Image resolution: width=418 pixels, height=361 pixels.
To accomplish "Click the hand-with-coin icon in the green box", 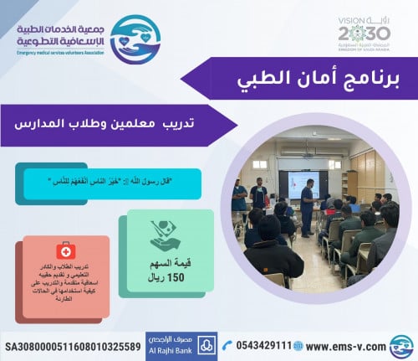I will [x=165, y=235].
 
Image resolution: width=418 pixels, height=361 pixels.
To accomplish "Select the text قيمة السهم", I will [x=165, y=261].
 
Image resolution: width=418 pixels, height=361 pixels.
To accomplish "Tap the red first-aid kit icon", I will [x=63, y=250].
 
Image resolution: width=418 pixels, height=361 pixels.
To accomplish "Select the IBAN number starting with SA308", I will [x=73, y=345].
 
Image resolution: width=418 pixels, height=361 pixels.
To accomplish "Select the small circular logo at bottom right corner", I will [x=401, y=345].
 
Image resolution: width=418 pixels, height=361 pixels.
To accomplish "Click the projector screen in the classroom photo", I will [x=296, y=181].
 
